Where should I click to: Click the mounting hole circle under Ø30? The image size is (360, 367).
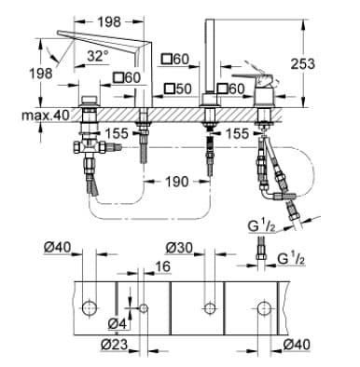tap(207, 306)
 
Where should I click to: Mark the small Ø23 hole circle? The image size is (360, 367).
tap(143, 307)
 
